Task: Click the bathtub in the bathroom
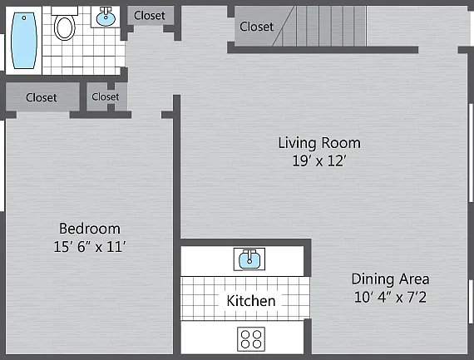click(24, 41)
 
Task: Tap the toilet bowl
click(64, 27)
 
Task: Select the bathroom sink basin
click(106, 18)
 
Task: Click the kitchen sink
click(249, 259)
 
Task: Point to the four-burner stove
click(251, 339)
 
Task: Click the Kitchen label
click(251, 301)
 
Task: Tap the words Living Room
click(319, 143)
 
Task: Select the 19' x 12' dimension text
click(319, 160)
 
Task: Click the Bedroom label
click(90, 229)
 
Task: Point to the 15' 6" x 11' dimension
click(90, 246)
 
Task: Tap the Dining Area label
click(390, 279)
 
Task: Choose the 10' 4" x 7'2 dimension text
click(390, 297)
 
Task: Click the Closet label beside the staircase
click(256, 27)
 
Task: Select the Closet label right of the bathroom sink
click(150, 16)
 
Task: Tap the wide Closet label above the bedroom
click(41, 97)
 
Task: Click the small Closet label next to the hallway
click(106, 96)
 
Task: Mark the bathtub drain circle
click(24, 18)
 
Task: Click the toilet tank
click(64, 11)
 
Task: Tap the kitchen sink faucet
click(249, 256)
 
